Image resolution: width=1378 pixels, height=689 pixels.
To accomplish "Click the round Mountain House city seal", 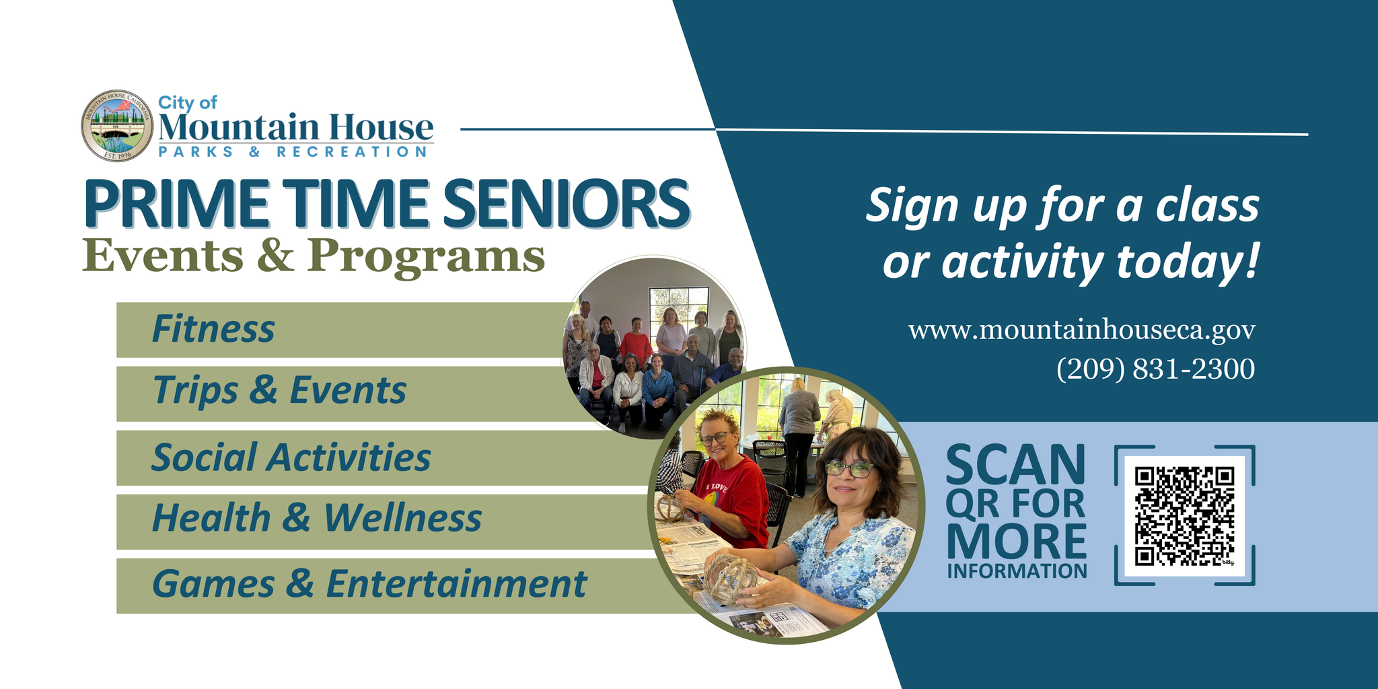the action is pyautogui.click(x=117, y=126).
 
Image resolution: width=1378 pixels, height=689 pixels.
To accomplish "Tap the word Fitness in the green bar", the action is pyautogui.click(x=213, y=329).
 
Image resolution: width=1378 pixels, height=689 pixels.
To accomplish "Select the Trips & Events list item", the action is pyautogui.click(x=279, y=390).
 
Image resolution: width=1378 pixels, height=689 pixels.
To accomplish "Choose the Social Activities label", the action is pyautogui.click(x=291, y=458).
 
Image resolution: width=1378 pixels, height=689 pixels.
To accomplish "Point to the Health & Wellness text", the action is pyautogui.click(x=317, y=518).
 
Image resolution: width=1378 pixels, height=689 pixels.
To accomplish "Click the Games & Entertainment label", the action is pyautogui.click(x=369, y=583).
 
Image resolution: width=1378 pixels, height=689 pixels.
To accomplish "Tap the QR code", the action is pyautogui.click(x=1184, y=516).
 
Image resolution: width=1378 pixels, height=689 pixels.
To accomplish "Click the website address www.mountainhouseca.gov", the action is pyautogui.click(x=1081, y=330).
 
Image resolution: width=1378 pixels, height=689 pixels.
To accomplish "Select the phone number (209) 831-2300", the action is pyautogui.click(x=1155, y=369).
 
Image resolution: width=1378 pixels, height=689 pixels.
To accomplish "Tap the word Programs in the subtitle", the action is pyautogui.click(x=426, y=257).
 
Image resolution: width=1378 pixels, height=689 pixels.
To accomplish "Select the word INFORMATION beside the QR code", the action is pyautogui.click(x=1017, y=571).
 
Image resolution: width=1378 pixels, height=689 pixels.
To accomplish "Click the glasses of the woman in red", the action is pyautogui.click(x=716, y=438).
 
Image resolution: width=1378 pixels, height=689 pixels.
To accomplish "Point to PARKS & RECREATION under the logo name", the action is pyautogui.click(x=293, y=152).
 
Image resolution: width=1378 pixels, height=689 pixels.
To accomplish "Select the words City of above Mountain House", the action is pyautogui.click(x=188, y=102).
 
